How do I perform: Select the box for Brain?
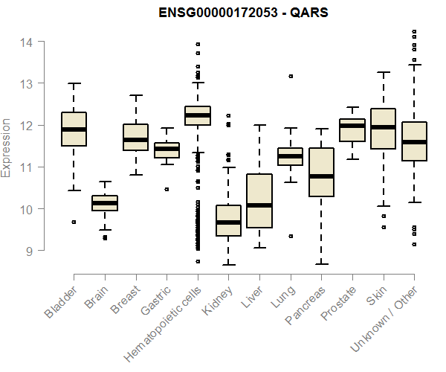click(105, 203)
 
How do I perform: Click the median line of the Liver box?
click(259, 205)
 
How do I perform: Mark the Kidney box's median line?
click(228, 222)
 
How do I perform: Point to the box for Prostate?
click(352, 130)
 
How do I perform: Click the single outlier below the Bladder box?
click(74, 222)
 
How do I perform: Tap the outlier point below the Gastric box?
click(167, 189)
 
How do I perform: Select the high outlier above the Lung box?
click(291, 76)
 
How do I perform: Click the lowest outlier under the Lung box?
click(291, 236)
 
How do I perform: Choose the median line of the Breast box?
click(135, 139)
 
